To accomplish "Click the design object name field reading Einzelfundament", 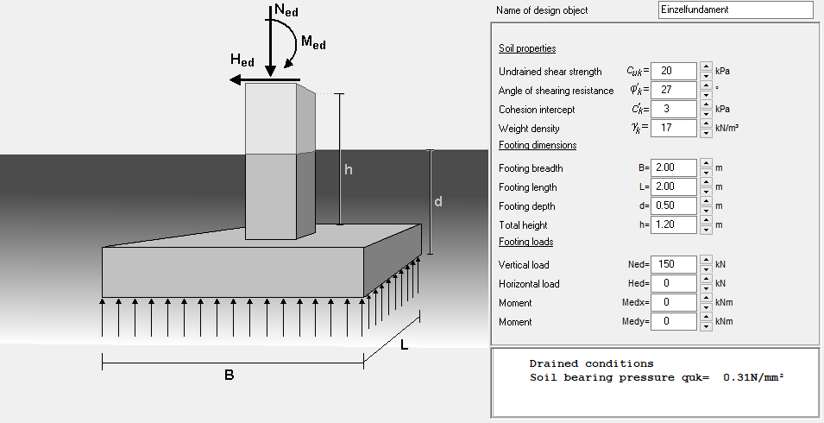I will tap(735, 9).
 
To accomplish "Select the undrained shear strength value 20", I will tap(674, 71).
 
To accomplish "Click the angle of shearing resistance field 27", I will tap(674, 90).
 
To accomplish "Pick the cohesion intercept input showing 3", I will tap(674, 109).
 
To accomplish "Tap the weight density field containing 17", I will tap(674, 128).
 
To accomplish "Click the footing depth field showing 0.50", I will tap(674, 205).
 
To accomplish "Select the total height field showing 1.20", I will tap(674, 224).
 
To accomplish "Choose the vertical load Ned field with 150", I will tap(674, 264).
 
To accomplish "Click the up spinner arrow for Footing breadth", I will tap(705, 163).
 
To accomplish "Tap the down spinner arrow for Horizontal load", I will tap(705, 287).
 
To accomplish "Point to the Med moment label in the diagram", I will tap(312, 42).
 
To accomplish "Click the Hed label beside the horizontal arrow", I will tap(242, 60).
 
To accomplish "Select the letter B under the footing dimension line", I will tap(229, 376).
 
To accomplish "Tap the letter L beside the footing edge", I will tap(405, 346).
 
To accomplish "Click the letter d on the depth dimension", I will tap(438, 202).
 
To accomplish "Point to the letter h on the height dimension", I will tap(348, 170).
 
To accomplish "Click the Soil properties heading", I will tap(527, 48).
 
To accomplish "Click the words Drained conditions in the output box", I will tap(591, 363).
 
